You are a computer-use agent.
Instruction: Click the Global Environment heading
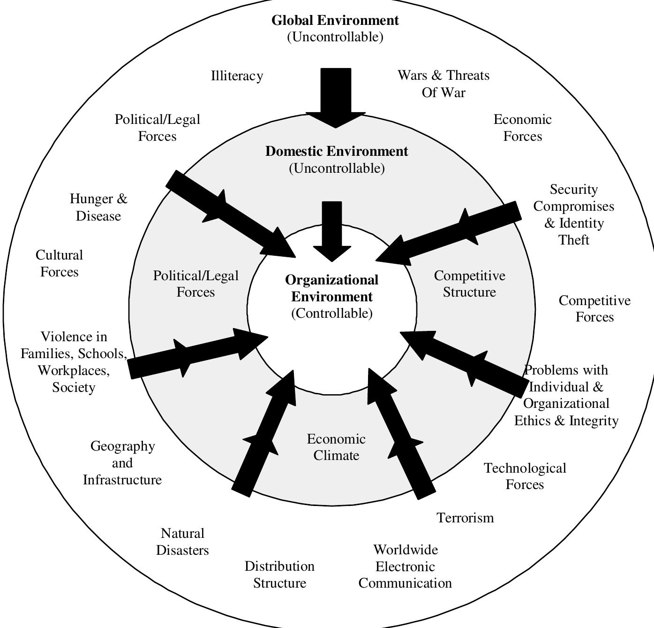[335, 21]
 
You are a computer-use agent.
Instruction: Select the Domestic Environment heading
[337, 152]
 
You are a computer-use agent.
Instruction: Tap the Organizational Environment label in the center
[332, 288]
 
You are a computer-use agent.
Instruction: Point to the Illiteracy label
[237, 76]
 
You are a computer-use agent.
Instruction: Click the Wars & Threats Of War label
[444, 84]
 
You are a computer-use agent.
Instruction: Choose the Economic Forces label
[522, 128]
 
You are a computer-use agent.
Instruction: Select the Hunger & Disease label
[98, 207]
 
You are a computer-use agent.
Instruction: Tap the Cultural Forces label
[59, 263]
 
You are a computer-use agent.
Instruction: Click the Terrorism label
[465, 518]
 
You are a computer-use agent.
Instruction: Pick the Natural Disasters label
[182, 542]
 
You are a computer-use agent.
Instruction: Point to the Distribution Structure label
[279, 574]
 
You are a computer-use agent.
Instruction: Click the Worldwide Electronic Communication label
[405, 566]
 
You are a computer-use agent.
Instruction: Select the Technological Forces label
[525, 476]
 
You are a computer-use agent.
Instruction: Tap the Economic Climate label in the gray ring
[336, 447]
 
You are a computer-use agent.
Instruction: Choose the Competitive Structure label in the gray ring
[469, 283]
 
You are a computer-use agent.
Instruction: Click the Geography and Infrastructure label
[122, 463]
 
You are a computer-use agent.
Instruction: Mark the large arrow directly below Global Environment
[336, 97]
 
